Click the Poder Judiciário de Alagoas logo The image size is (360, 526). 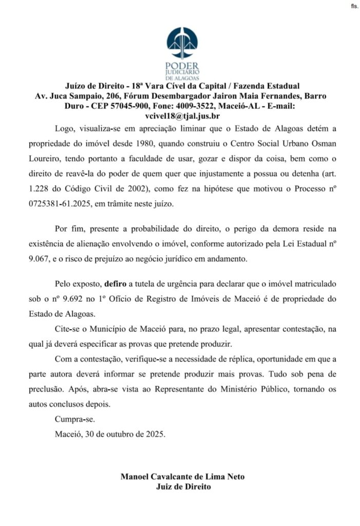pyautogui.click(x=182, y=51)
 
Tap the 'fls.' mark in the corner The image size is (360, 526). pyautogui.click(x=354, y=6)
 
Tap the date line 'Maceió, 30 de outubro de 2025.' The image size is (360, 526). pyautogui.click(x=110, y=434)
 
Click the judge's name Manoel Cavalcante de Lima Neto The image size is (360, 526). pyautogui.click(x=182, y=477)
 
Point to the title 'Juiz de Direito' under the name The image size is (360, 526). pyautogui.click(x=183, y=486)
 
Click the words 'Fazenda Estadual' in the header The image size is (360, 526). pyautogui.click(x=266, y=85)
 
